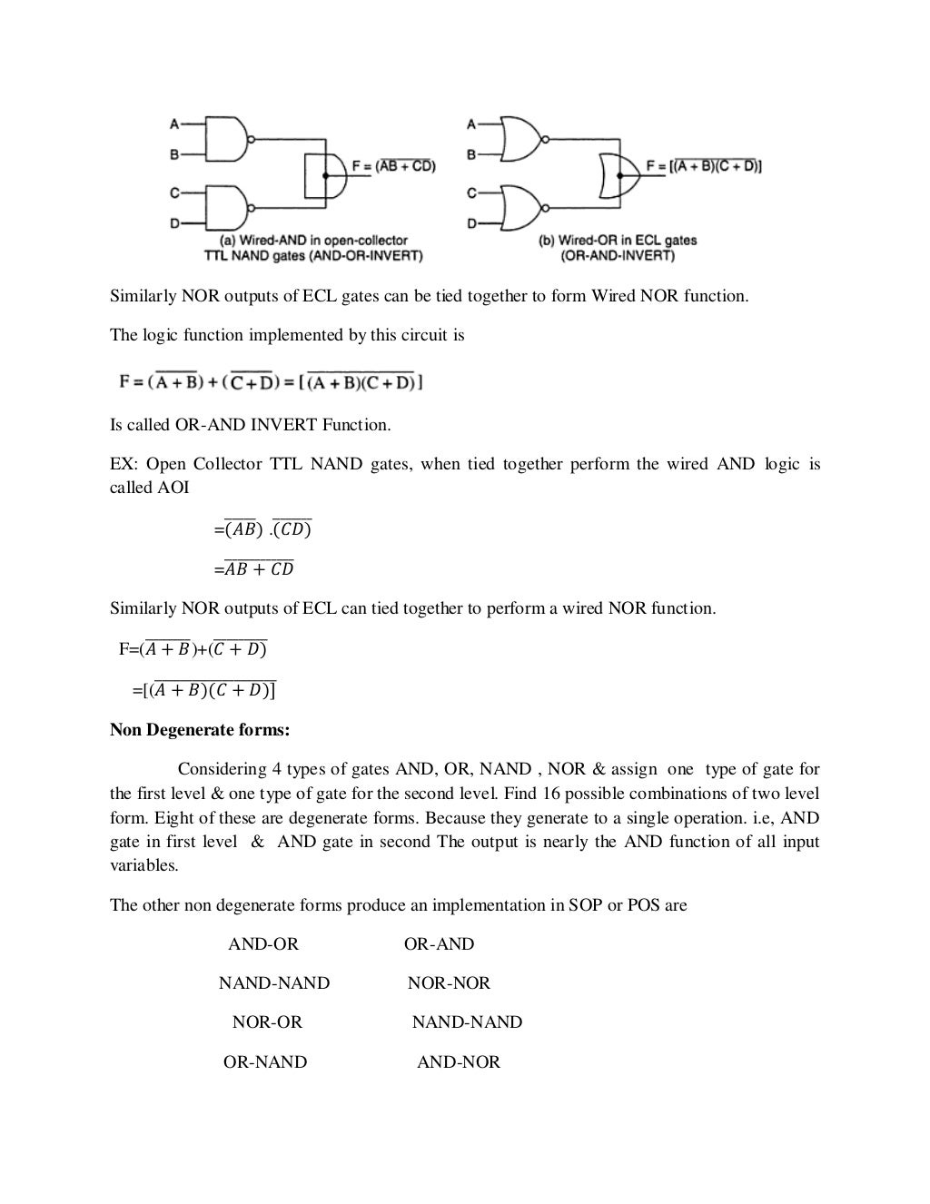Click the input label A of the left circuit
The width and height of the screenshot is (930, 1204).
point(173,122)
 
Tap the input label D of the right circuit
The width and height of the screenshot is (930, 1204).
point(471,223)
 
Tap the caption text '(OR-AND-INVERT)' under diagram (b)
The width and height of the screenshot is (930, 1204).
point(618,255)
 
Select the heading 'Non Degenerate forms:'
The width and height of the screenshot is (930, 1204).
point(200,730)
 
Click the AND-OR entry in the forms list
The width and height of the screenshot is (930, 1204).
point(263,944)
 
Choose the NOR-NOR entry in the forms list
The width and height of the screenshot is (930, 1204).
point(449,983)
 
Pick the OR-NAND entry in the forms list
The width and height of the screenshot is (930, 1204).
point(265,1062)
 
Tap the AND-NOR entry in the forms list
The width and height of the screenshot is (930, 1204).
point(459,1062)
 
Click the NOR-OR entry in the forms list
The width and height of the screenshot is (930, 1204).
point(267,1022)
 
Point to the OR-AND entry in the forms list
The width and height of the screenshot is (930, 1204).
point(440,944)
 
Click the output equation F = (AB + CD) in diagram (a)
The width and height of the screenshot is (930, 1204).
point(394,166)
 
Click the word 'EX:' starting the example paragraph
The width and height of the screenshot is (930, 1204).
point(123,465)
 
